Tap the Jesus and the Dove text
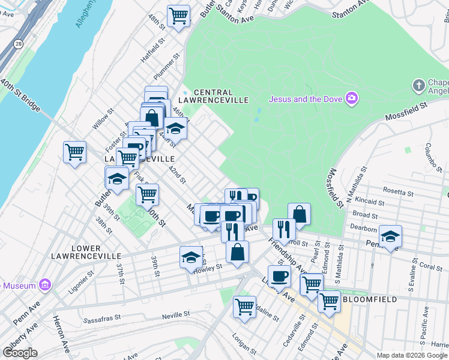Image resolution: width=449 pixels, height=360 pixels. click(305, 99)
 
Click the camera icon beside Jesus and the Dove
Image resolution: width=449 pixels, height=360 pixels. click(352, 98)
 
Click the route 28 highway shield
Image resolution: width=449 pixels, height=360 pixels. click(19, 44)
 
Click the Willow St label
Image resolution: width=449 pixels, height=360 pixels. click(103, 119)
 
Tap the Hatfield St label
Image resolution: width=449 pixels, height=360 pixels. click(152, 51)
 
